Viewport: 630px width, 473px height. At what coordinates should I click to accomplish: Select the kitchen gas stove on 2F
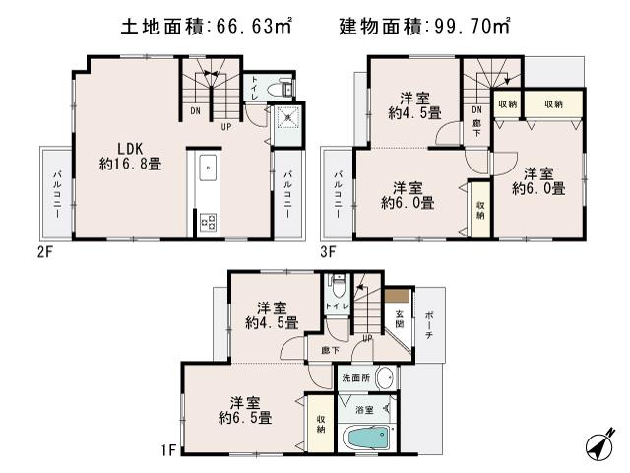209,223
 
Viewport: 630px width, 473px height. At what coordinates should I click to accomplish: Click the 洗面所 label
354,378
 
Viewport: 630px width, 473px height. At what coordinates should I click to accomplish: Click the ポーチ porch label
429,325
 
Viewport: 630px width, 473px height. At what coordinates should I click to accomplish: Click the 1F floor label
168,451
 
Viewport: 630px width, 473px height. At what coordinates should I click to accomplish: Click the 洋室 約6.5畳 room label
245,410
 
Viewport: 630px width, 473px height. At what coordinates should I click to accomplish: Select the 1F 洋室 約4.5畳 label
272,314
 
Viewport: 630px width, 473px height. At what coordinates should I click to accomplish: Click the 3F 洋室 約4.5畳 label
412,103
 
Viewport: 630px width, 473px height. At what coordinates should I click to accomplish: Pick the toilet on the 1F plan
338,287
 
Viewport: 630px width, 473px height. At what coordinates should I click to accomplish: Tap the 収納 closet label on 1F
321,424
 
